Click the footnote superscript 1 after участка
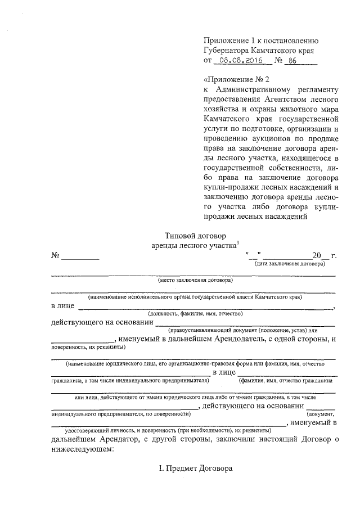(238, 242)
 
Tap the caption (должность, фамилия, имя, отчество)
(195, 313)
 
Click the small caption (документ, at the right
(321, 414)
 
